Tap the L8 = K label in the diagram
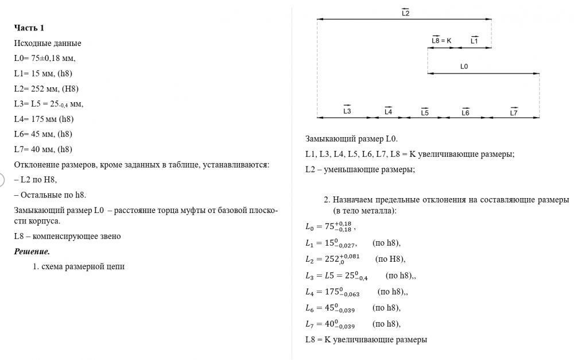tap(441, 41)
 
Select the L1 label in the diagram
tap(474, 41)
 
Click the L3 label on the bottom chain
tap(347, 111)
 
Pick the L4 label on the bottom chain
tap(388, 111)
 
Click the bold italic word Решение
tap(32, 251)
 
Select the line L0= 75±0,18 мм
tap(45, 58)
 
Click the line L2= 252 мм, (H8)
tap(46, 88)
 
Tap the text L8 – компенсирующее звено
tap(67, 236)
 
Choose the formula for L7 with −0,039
tap(331, 324)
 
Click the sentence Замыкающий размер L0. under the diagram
tap(351, 139)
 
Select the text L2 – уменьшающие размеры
tap(360, 169)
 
